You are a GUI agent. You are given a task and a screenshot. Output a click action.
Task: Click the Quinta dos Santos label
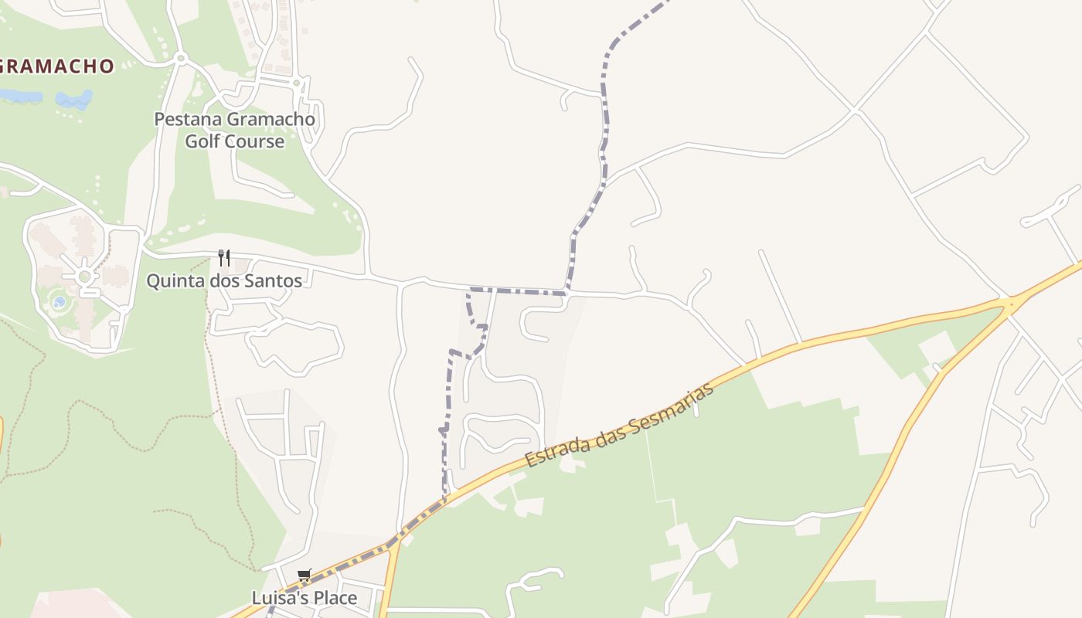(x=224, y=280)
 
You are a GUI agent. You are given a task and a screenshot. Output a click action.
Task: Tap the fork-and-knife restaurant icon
(x=224, y=257)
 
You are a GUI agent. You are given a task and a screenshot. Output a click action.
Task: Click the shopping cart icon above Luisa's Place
(x=304, y=576)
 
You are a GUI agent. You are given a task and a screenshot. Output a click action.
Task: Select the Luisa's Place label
(x=305, y=598)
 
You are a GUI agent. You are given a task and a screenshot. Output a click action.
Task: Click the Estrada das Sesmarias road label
(x=618, y=425)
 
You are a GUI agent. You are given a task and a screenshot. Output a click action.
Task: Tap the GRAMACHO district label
(x=57, y=66)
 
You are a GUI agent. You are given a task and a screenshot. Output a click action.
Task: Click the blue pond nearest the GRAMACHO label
(x=20, y=96)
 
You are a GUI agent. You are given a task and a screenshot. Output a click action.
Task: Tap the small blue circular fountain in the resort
(x=60, y=302)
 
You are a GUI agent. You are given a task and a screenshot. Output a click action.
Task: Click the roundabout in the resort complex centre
(x=84, y=276)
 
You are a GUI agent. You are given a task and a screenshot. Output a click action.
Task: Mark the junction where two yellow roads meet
(x=1011, y=303)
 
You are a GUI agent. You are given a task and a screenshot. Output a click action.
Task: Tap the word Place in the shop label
(x=335, y=598)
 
